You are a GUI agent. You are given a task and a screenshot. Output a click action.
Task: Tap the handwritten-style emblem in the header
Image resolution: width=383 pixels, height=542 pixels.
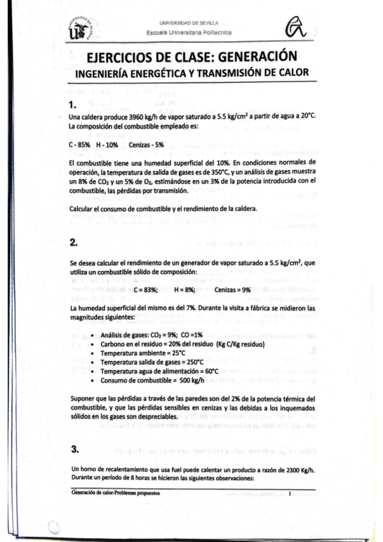(x=298, y=27)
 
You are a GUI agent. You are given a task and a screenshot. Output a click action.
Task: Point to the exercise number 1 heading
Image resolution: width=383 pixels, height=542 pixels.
(x=72, y=104)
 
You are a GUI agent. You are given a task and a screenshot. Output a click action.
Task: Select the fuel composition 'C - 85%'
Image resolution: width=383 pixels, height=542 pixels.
(x=79, y=145)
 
